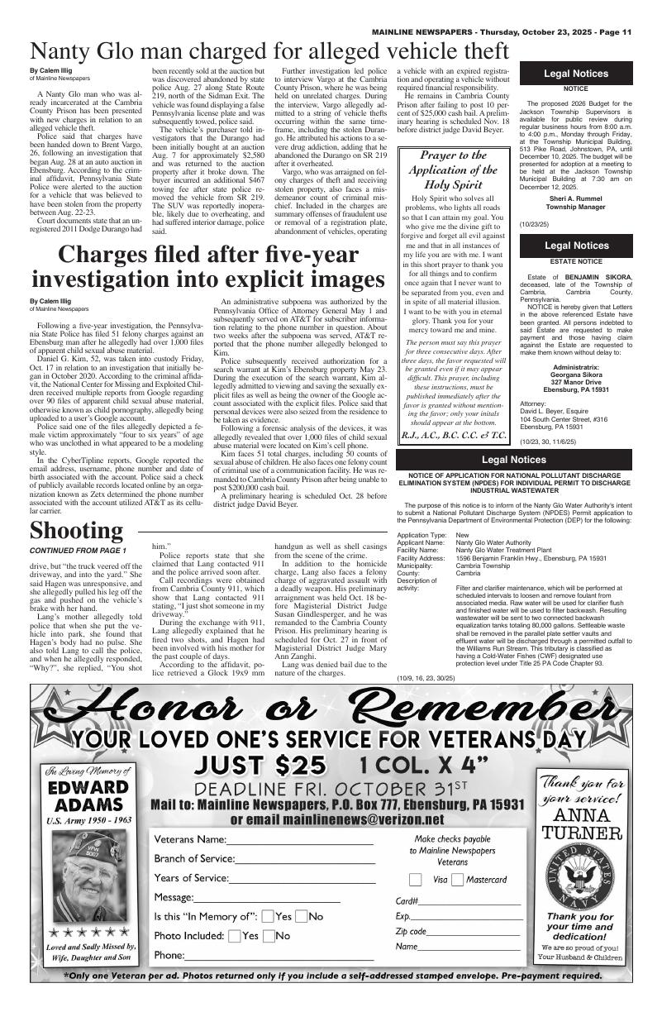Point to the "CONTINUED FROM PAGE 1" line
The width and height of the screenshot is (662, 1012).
point(78,551)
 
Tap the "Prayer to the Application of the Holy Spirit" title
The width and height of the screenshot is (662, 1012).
point(453,169)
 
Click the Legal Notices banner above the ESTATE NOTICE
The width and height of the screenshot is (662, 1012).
point(575,246)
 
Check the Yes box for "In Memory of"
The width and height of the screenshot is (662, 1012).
point(268,916)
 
